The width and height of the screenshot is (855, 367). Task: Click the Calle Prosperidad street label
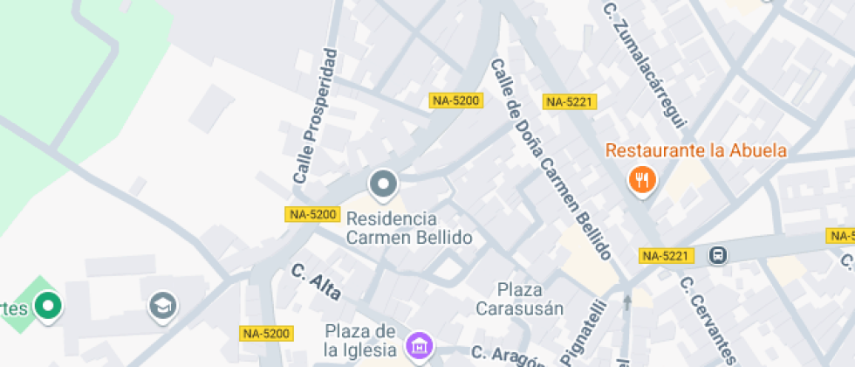316,116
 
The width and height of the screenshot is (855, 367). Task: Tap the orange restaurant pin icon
643,180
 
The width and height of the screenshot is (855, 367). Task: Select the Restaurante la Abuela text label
696,150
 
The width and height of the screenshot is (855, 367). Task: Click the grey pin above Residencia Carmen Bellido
383,184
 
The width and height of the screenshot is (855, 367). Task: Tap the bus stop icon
718,255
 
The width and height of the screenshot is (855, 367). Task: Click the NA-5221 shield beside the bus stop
666,256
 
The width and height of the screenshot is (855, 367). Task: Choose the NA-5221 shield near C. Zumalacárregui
569,102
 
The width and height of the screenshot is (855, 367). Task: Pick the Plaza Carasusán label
520,298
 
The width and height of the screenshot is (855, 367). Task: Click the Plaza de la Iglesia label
360,340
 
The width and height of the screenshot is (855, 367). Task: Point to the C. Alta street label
316,281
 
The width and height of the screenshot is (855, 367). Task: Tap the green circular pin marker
48,305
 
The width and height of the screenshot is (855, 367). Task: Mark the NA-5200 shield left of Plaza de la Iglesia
265,333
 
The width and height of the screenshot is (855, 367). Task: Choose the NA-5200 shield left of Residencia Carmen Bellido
311,214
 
